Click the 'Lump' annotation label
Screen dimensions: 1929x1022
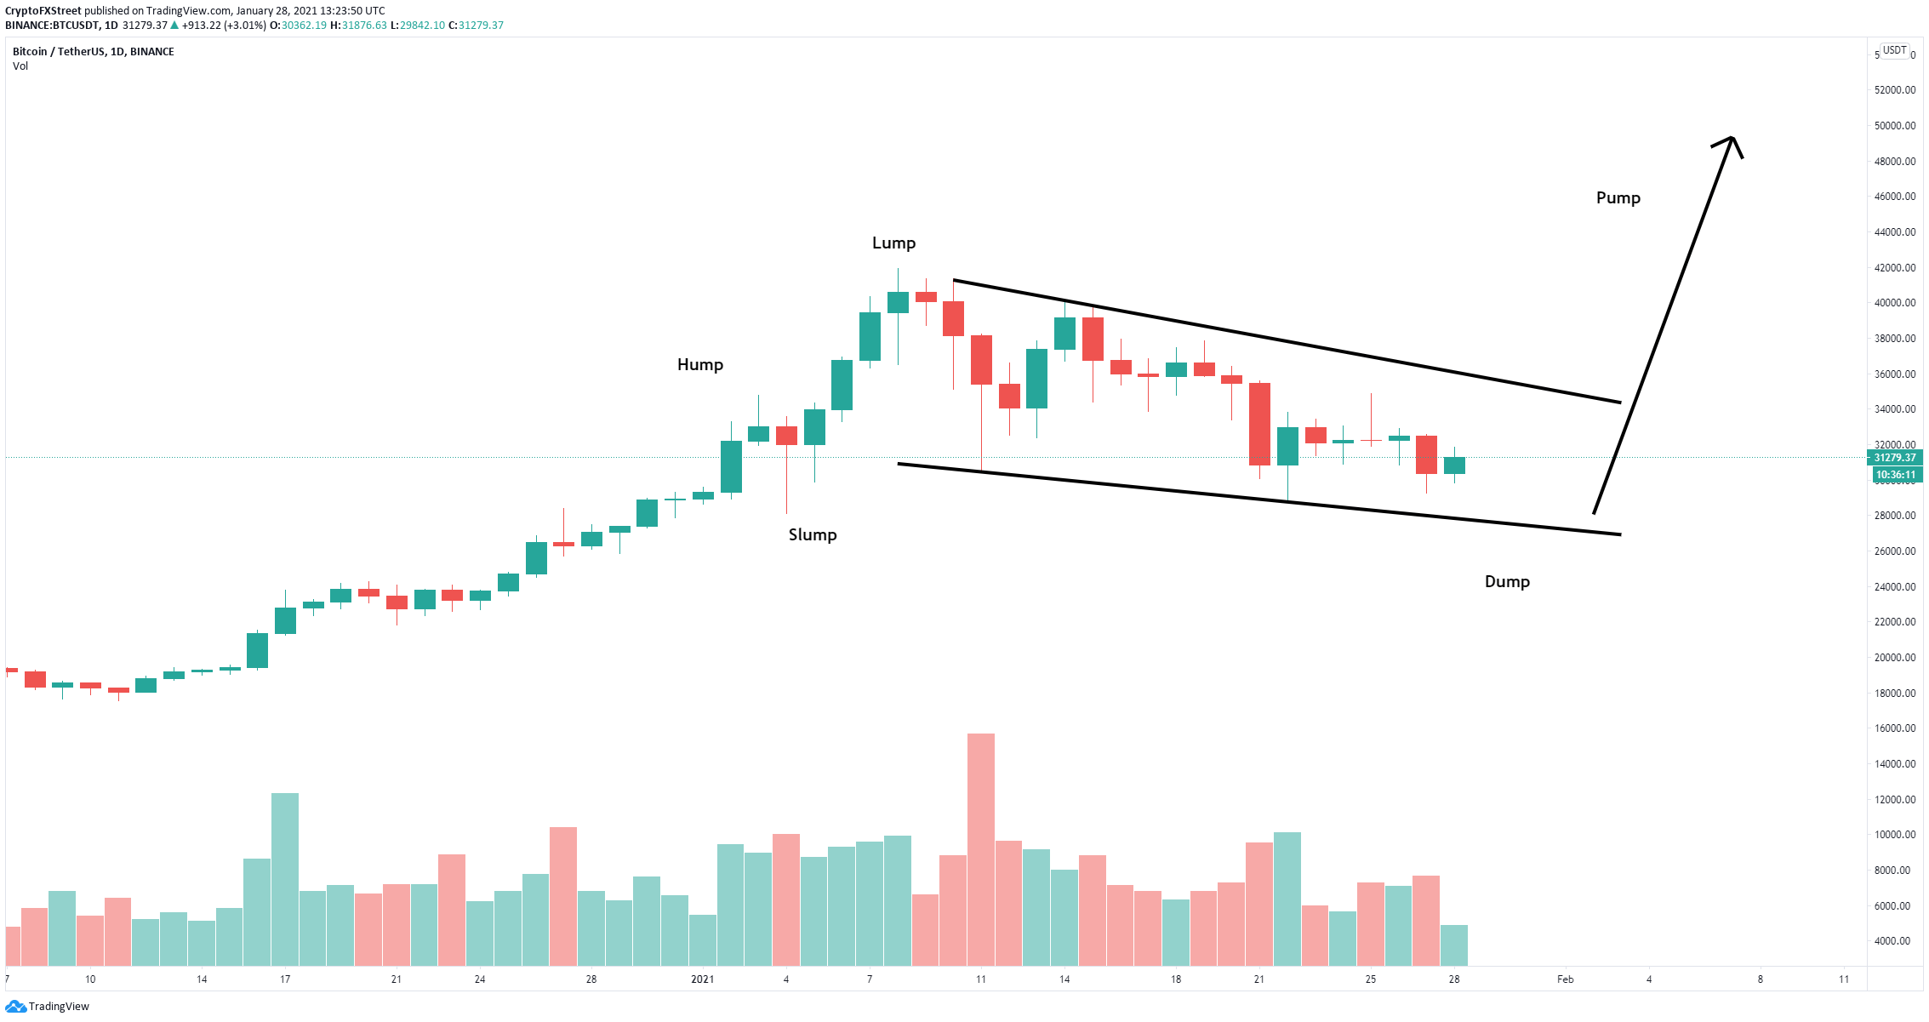893,243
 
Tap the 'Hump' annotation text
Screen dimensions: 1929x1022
700,365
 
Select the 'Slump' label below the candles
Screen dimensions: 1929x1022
813,535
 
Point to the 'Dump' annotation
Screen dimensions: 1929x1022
1507,582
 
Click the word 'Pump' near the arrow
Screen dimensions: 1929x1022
1618,198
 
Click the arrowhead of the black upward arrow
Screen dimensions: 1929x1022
1732,138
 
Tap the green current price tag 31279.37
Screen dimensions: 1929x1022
1895,458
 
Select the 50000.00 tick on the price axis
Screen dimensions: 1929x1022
1895,126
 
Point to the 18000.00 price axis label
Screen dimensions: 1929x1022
1895,694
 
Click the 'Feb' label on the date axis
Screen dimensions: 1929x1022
1566,979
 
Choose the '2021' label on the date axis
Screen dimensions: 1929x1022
702,979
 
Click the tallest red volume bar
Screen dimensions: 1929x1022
981,849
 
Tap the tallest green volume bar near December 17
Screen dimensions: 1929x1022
285,879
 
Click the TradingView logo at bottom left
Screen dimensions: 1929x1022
48,1007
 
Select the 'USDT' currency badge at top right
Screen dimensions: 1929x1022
1894,50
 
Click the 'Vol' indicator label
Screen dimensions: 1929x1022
20,66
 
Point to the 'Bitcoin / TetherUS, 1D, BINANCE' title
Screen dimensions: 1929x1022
94,52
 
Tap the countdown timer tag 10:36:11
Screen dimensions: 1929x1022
1895,475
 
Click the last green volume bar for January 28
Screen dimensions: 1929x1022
1454,945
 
